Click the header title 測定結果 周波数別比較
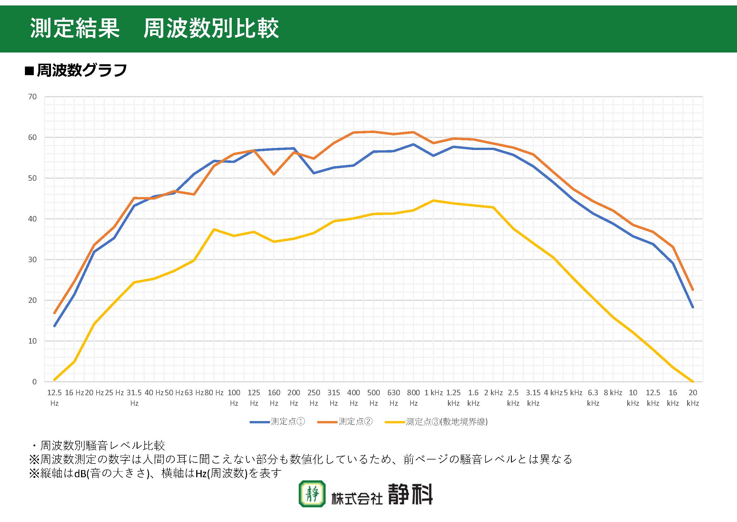154,28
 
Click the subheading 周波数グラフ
82,70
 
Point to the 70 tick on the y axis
32,97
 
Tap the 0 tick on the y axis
34,382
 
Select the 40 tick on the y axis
32,219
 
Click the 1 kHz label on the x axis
433,393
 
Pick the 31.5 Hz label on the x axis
134,398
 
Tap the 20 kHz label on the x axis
693,398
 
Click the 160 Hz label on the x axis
274,398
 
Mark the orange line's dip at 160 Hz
274,174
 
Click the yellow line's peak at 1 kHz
433,200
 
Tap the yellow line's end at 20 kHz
693,381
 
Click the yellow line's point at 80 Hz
214,229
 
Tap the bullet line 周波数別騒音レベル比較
102,445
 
